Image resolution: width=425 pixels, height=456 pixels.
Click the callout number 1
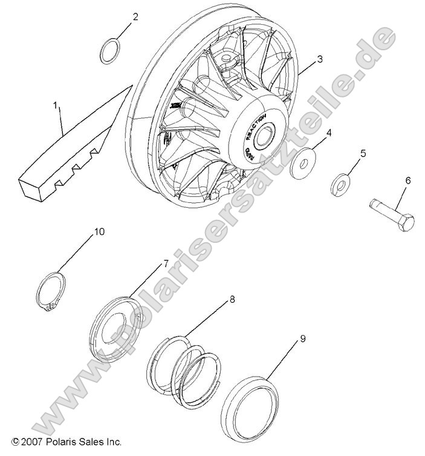click(x=56, y=106)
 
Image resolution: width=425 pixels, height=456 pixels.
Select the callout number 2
click(x=135, y=17)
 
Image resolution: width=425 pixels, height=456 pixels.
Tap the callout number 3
click(x=320, y=59)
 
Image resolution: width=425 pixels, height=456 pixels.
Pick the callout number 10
click(x=98, y=232)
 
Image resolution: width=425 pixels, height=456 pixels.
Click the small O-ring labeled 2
click(x=109, y=51)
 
